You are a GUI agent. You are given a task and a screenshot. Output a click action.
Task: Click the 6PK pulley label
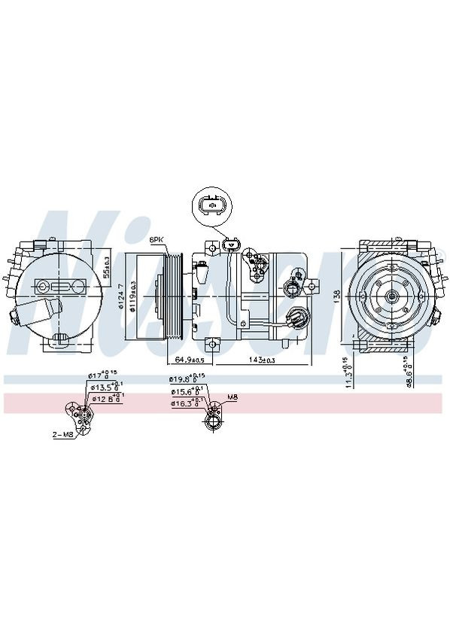click(x=157, y=239)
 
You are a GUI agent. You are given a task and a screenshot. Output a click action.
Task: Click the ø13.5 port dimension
click(x=104, y=387)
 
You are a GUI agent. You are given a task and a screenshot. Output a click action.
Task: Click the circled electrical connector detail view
click(x=213, y=205)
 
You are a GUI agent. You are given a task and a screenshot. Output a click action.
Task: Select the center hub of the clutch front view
click(x=392, y=297)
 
